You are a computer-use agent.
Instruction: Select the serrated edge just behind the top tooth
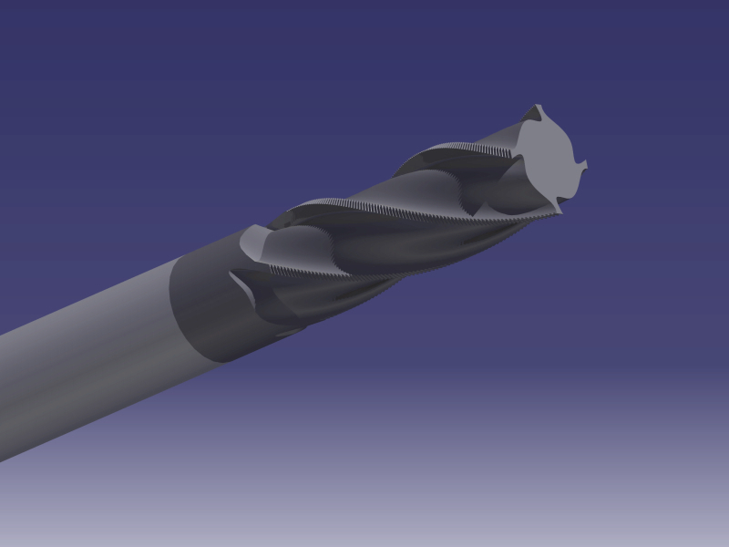tap(474, 147)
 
